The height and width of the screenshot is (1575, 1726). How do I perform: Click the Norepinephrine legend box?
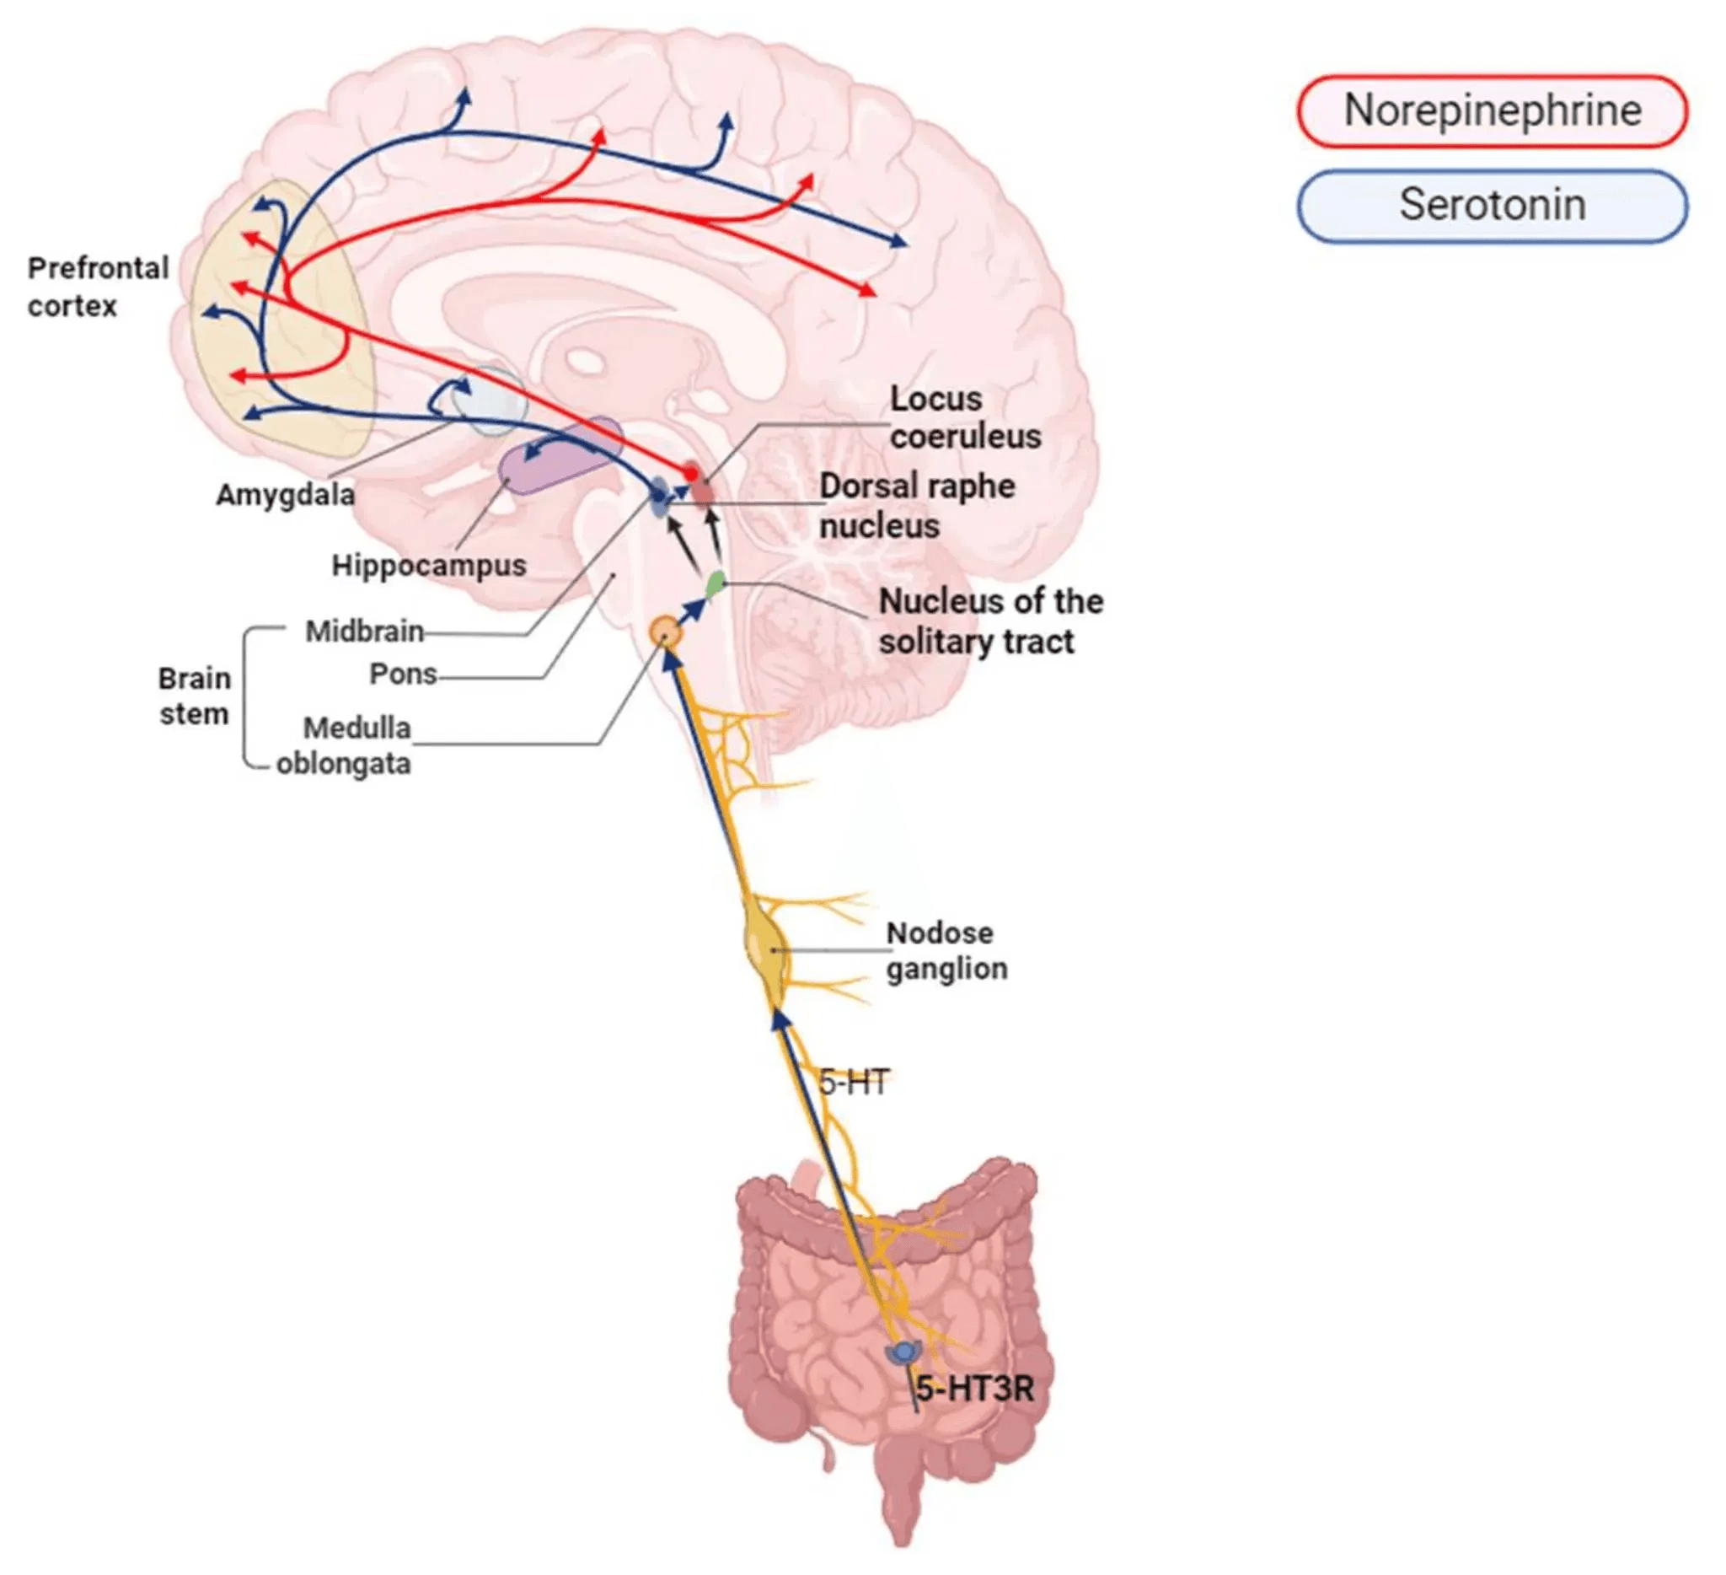1492,110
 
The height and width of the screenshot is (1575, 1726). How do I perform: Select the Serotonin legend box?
1492,206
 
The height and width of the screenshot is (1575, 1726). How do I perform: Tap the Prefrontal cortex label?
97,287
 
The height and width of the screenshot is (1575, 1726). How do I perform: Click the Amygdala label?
285,494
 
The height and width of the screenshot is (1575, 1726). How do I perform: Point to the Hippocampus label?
428,565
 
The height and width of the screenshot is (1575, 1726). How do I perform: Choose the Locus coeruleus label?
965,418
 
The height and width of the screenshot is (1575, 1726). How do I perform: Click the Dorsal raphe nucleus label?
916,505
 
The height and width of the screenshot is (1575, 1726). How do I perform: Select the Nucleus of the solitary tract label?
989,621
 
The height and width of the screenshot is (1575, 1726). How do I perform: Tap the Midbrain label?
365,632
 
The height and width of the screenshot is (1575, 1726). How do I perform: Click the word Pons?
403,674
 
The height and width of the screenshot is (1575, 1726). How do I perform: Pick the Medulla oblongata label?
345,745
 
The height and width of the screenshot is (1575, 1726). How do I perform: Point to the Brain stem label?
195,696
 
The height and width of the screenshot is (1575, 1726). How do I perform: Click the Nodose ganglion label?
946,951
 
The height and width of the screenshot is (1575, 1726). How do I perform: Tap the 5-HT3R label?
974,1390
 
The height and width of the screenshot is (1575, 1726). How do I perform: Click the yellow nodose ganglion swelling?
767,951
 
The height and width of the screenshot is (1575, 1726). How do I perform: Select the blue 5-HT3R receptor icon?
903,1352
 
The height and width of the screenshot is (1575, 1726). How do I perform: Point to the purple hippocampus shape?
558,456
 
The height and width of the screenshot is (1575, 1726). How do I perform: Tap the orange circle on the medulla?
664,633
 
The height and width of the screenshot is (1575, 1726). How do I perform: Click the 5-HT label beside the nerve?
853,1083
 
